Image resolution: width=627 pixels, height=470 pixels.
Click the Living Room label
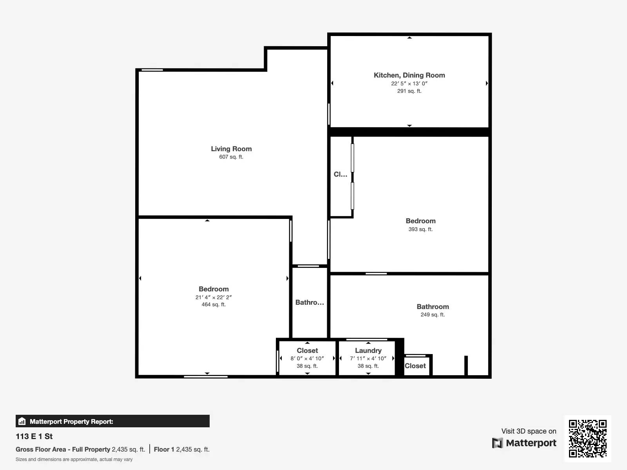pos(231,149)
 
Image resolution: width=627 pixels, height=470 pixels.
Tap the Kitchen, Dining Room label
pos(410,75)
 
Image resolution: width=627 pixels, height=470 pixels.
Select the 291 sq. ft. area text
pos(410,91)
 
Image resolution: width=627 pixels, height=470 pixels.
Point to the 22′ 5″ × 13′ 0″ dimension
pos(410,83)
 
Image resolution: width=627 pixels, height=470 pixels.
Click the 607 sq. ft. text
pos(231,157)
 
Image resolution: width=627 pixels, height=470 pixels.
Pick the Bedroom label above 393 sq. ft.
pos(420,221)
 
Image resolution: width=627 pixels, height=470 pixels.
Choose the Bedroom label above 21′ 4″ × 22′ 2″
pos(214,289)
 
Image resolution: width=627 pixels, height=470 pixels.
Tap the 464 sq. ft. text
pos(214,304)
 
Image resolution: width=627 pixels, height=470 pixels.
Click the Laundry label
pos(368,351)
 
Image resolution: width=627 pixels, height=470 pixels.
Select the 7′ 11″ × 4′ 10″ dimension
pos(368,358)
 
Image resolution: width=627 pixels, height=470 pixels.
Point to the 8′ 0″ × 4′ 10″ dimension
pos(307,358)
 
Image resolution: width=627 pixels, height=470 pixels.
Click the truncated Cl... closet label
pos(341,174)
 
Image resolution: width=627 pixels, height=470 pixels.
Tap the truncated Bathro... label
pos(310,302)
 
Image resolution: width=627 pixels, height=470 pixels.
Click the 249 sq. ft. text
pos(433,315)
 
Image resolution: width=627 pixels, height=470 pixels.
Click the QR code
pos(587,439)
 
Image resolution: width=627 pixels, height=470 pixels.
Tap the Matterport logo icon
pos(497,443)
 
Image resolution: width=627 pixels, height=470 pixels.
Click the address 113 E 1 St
pos(34,436)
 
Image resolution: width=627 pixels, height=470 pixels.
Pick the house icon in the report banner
pos(22,421)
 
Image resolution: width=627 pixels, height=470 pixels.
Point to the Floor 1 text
pos(164,450)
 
